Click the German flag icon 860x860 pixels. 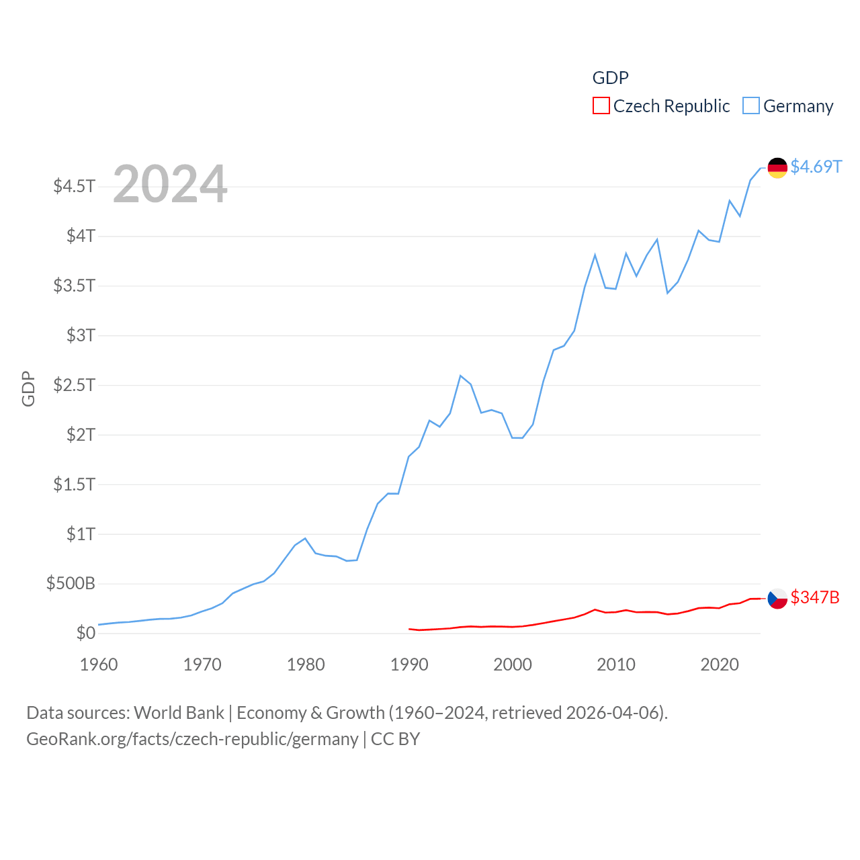777,168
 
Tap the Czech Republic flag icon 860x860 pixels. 777,599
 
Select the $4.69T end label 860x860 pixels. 816,167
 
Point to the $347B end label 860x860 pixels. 815,597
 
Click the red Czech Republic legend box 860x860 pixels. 601,106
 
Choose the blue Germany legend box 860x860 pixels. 751,106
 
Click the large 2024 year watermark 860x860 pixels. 170,184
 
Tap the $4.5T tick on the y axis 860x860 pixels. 75,186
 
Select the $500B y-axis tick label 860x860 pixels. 71,583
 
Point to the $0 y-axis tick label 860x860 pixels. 85,633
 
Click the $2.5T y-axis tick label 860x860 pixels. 75,385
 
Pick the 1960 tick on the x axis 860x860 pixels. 99,664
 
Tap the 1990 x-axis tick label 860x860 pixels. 409,664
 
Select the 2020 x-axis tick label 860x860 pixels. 720,664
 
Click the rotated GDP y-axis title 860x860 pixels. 28,388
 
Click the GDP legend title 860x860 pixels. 610,78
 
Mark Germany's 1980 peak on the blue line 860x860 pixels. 305,538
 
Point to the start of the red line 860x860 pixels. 409,629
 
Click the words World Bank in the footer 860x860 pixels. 179,712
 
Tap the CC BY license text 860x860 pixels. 395,739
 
